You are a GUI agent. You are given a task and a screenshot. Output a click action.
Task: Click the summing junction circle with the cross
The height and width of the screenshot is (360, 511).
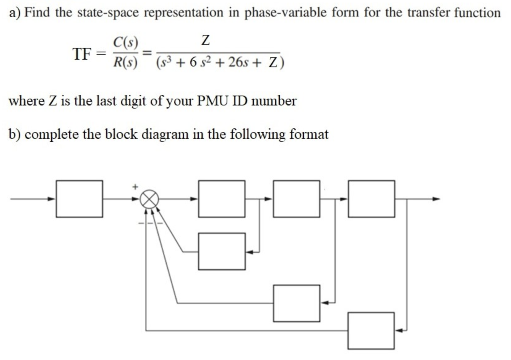tap(149, 199)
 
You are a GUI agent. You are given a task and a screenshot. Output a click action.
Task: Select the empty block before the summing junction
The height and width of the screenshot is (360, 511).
tap(79, 199)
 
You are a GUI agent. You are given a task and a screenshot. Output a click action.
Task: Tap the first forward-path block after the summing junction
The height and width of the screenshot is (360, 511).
tap(221, 199)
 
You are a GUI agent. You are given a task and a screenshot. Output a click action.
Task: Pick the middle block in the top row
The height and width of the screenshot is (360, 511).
tap(297, 199)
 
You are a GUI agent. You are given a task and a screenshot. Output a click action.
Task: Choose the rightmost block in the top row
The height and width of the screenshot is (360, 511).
tap(371, 199)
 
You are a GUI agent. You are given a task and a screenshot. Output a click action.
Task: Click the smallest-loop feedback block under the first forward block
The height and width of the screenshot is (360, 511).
tap(221, 251)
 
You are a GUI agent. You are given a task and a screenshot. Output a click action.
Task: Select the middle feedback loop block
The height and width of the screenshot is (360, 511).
tap(297, 303)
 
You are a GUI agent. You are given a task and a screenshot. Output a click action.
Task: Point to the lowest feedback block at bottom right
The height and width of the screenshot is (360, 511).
tap(371, 331)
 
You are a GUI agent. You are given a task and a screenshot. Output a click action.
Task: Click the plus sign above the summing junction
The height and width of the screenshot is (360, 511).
tap(135, 187)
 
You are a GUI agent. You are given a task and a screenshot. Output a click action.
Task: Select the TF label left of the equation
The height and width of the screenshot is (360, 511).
tap(82, 54)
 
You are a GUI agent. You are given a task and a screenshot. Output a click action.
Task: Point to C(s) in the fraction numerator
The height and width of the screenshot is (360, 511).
tap(125, 42)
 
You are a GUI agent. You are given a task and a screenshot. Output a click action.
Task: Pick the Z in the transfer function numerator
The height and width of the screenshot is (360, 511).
tap(205, 40)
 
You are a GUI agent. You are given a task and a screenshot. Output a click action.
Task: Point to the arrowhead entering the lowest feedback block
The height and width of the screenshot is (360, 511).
tap(399, 331)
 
